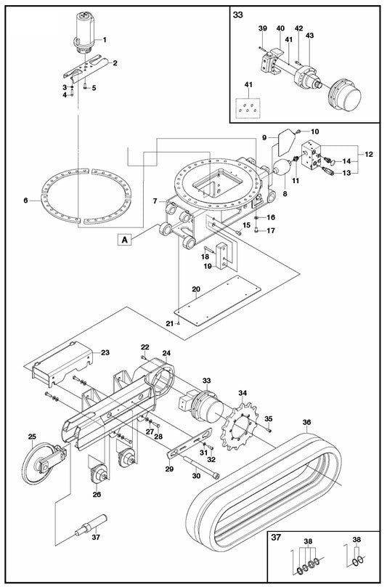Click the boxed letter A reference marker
[125, 239]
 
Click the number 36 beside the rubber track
[306, 422]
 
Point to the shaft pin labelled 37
[91, 525]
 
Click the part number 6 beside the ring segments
[25, 201]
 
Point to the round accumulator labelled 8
[281, 168]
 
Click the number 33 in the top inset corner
[238, 15]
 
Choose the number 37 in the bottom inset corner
[276, 538]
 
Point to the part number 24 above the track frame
[166, 353]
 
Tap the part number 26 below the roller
[97, 495]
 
